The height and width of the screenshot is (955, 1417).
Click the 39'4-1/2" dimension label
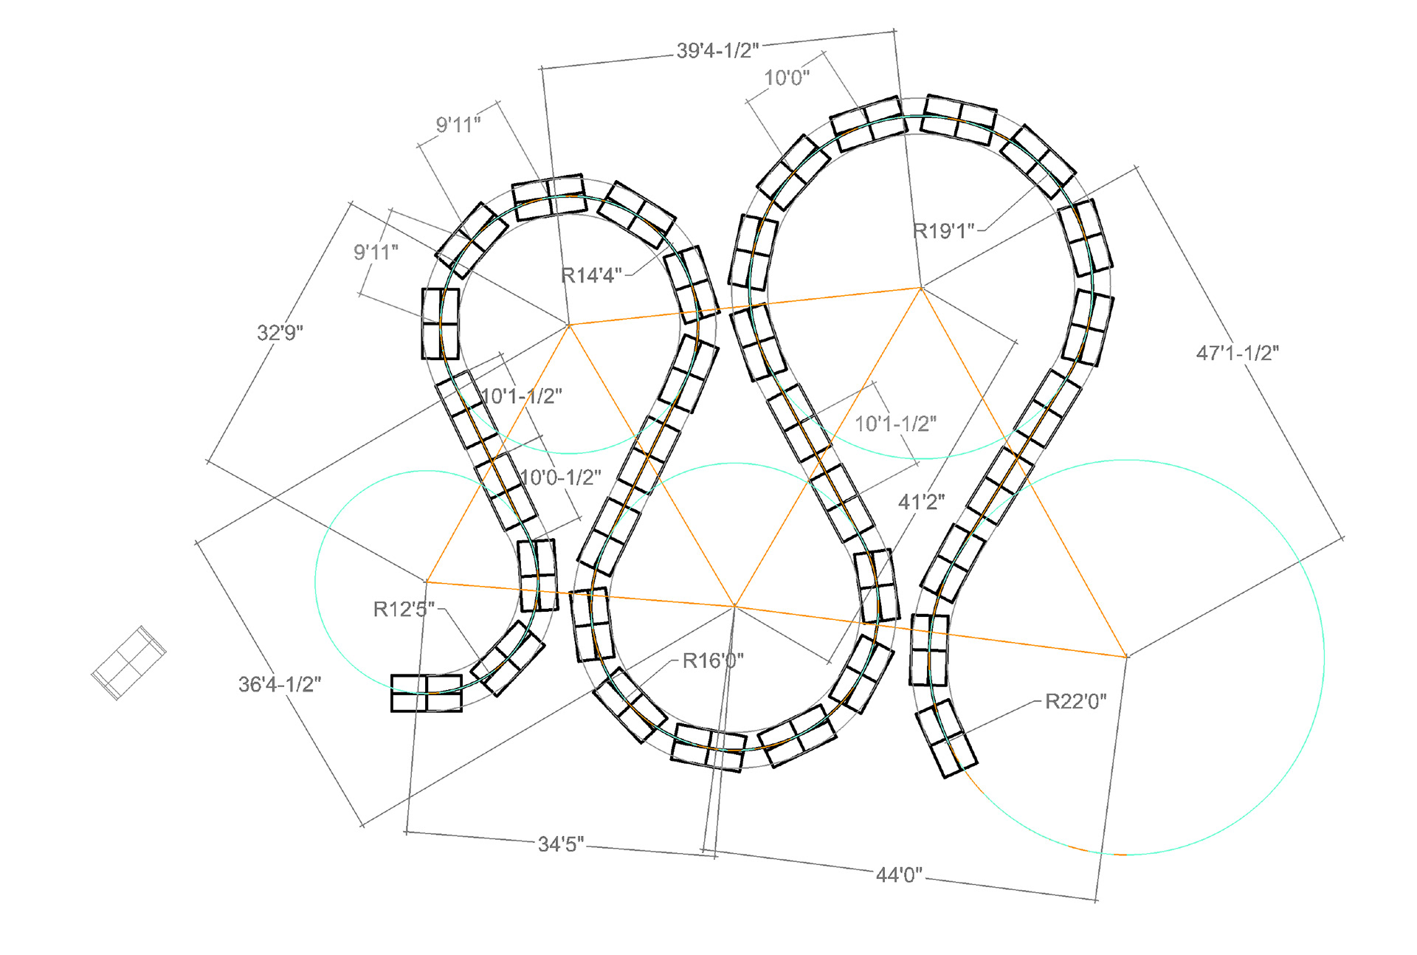(x=717, y=51)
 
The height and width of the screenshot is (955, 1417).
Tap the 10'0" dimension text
(x=787, y=77)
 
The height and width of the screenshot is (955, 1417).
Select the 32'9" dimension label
(x=280, y=333)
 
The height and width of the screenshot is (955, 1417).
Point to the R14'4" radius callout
(x=592, y=276)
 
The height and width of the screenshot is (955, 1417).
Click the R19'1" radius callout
(x=944, y=231)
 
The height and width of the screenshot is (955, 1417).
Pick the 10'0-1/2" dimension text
(x=561, y=477)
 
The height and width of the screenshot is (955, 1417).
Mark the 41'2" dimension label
(x=921, y=503)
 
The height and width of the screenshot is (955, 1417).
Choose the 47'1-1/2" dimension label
(x=1238, y=354)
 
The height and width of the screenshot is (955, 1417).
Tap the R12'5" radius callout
(x=404, y=609)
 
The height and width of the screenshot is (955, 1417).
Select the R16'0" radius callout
(x=713, y=661)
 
